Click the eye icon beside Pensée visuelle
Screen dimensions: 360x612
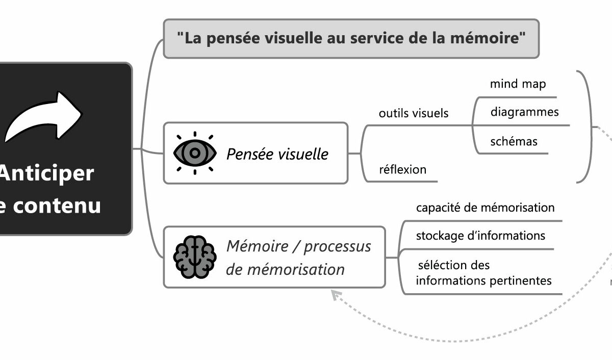194,153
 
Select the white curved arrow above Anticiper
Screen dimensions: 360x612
44,116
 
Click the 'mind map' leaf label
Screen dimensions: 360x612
518,84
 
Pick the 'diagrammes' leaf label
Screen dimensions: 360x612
524,112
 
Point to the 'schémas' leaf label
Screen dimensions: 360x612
514,141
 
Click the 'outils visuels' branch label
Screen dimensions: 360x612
414,113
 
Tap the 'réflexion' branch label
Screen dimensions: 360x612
402,169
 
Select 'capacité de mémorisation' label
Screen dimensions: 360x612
485,208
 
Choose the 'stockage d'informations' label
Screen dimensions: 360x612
480,236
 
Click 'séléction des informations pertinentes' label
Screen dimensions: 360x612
483,273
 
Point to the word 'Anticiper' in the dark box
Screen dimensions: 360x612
46,173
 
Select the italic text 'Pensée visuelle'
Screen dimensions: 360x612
277,153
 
